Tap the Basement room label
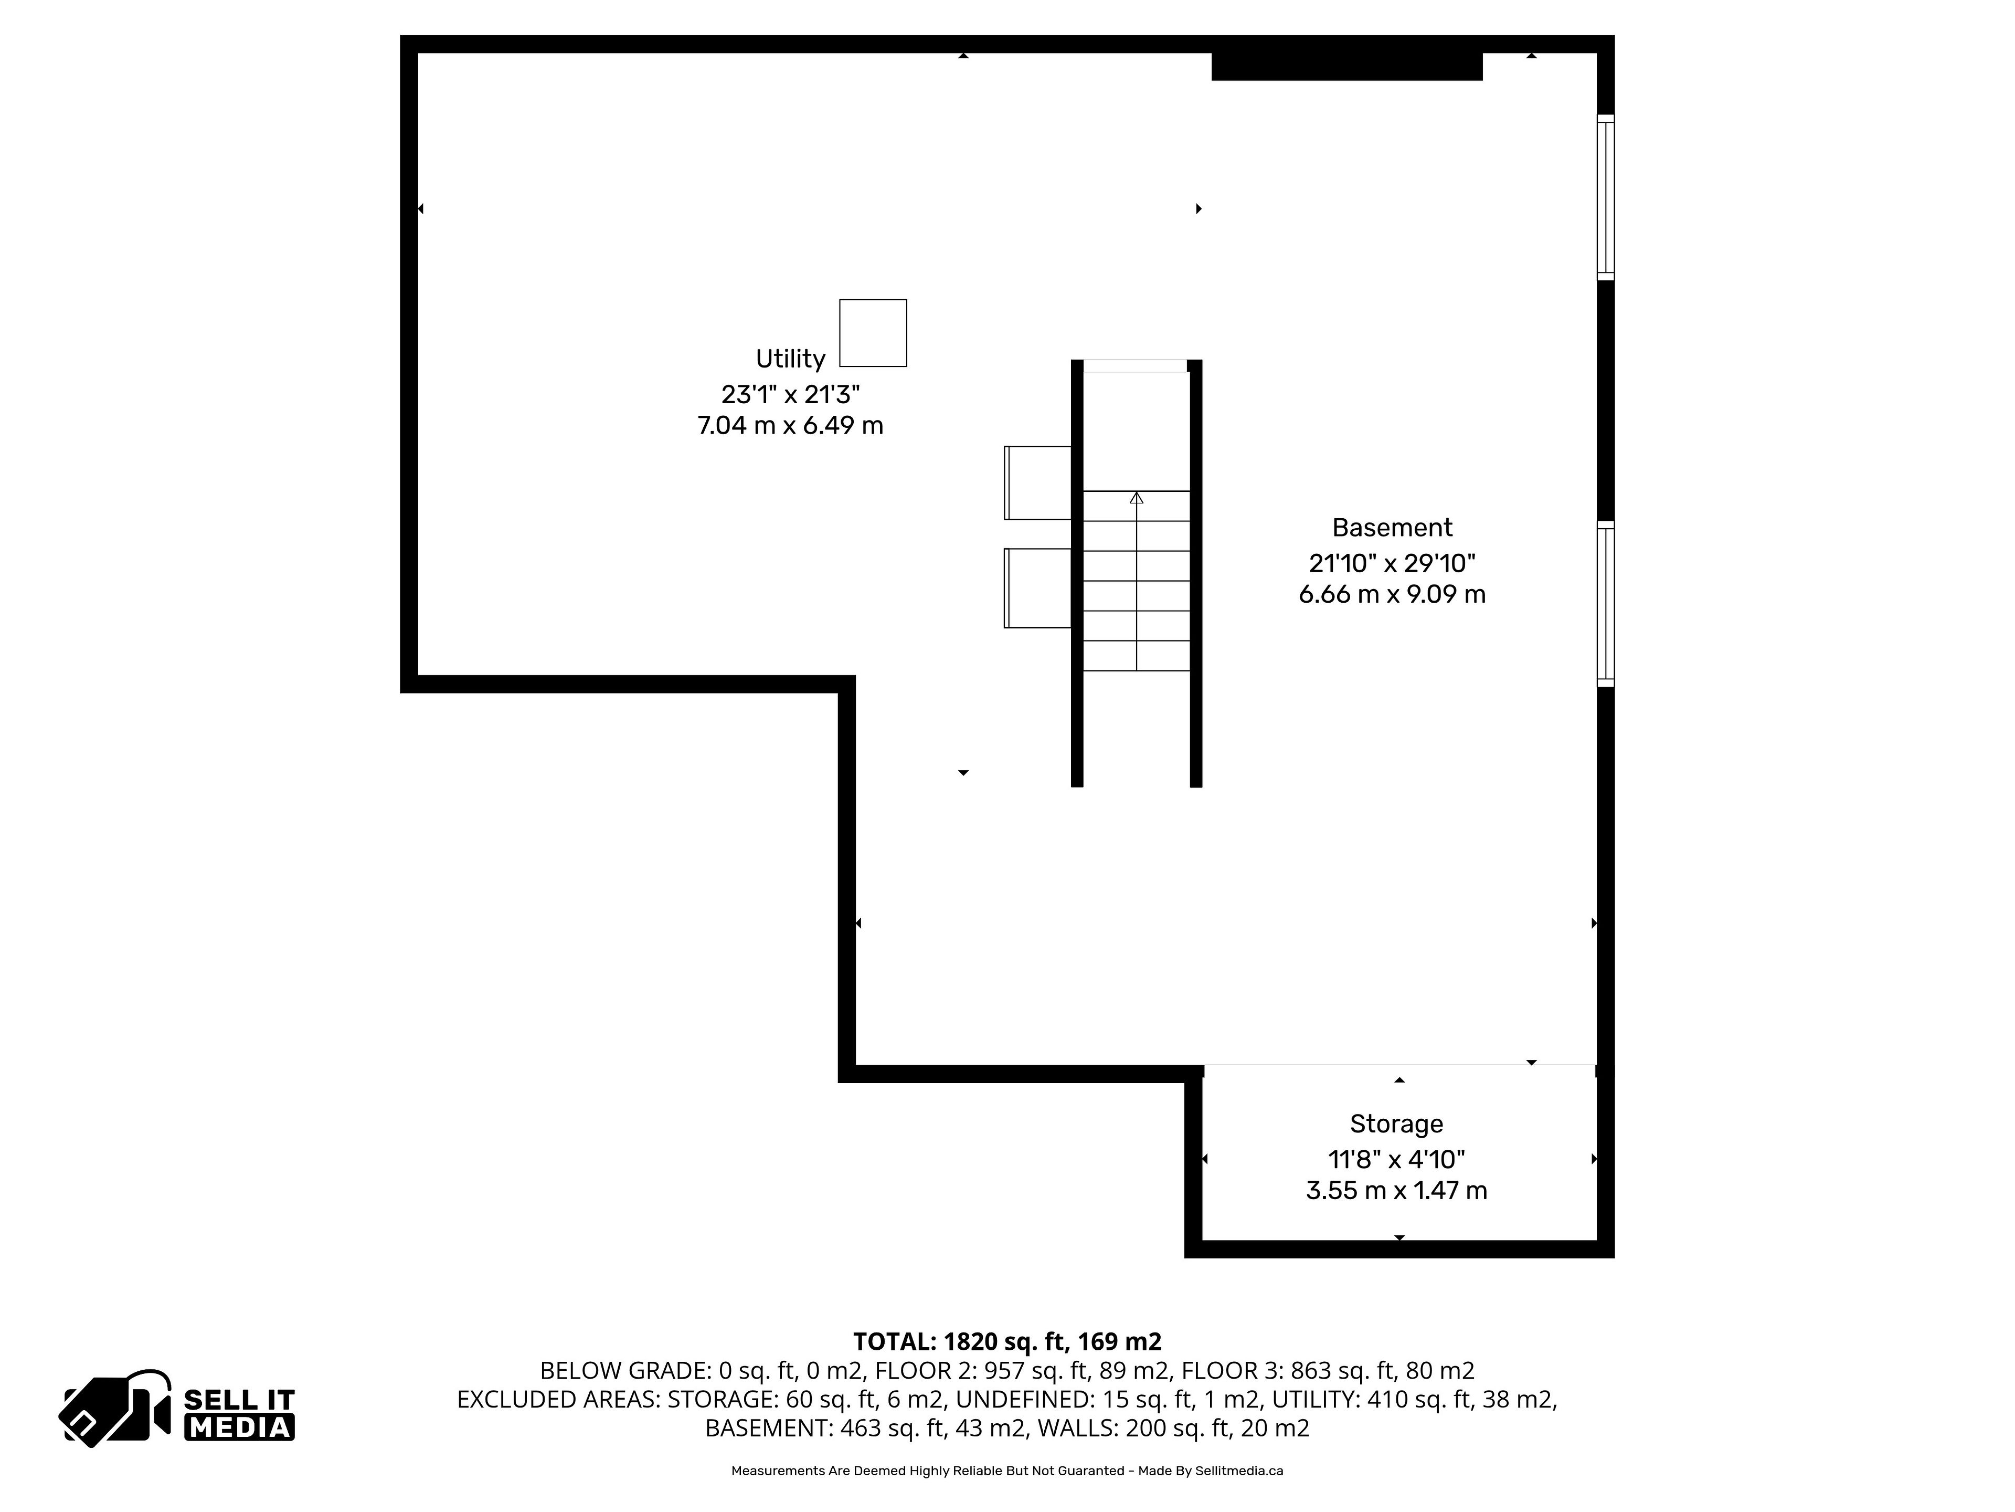(1392, 528)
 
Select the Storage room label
(1396, 1123)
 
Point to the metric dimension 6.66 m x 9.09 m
(1392, 594)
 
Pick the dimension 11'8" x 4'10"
(1396, 1159)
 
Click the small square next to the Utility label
(873, 333)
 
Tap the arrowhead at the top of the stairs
(1136, 498)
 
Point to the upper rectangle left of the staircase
(1037, 483)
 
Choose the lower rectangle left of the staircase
(1037, 588)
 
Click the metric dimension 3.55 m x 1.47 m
(1396, 1190)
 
